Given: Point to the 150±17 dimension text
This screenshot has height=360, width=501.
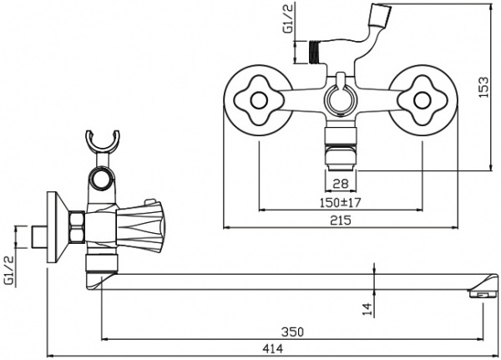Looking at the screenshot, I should pyautogui.click(x=339, y=201).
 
